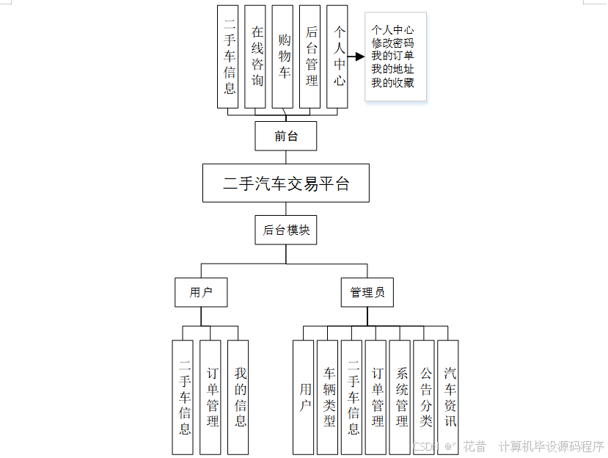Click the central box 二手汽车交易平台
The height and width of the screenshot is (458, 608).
286,183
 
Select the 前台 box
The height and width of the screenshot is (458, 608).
286,136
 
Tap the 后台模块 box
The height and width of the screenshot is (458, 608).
286,230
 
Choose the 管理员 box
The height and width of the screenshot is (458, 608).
367,292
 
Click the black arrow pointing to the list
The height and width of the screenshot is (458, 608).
356,57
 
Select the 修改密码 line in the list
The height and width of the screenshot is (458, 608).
392,43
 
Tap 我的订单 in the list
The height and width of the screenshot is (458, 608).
392,57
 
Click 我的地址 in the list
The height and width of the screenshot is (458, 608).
392,70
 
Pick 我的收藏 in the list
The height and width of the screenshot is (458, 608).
392,83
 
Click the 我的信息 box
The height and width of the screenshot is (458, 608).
240,396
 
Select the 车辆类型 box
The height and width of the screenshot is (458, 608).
329,396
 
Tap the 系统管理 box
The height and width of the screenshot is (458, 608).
401,396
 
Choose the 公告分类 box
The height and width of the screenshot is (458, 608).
425,396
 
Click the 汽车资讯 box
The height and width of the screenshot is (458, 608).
449,396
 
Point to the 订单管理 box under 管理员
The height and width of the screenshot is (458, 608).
377,396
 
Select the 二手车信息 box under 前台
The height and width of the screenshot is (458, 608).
229,57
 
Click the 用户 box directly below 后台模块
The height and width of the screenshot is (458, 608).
200,292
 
